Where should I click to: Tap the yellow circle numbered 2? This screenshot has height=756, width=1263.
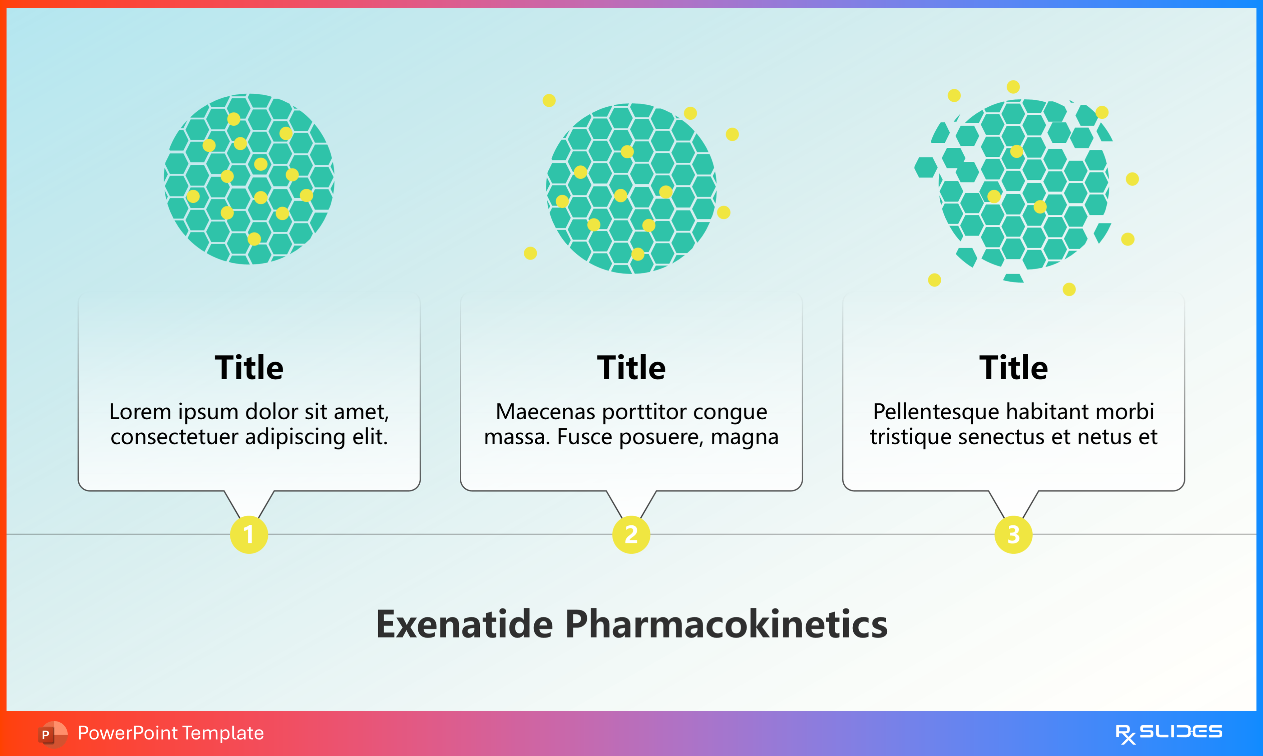pyautogui.click(x=631, y=534)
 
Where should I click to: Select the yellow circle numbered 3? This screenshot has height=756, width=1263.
pyautogui.click(x=1013, y=534)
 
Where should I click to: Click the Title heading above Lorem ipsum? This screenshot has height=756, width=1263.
pyautogui.click(x=249, y=367)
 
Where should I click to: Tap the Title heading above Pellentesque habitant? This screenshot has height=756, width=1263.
pyautogui.click(x=1013, y=367)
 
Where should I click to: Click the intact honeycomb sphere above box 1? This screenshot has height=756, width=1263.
pyautogui.click(x=249, y=179)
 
